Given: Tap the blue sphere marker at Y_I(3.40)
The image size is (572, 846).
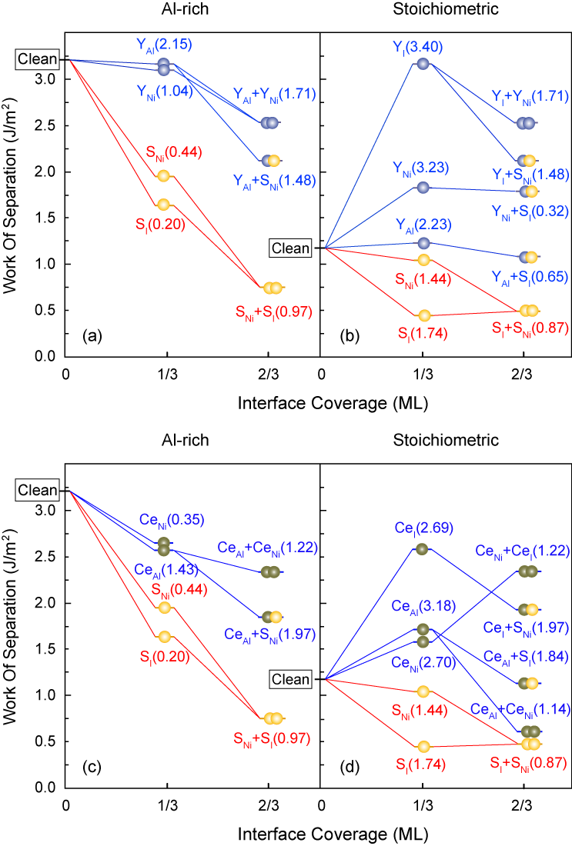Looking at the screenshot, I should (422, 63).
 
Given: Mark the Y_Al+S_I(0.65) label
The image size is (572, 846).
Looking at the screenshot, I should (522, 275).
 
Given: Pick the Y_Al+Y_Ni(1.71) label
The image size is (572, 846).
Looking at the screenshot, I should (273, 95).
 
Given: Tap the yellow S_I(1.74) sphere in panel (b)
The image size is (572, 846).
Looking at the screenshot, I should (423, 315).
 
